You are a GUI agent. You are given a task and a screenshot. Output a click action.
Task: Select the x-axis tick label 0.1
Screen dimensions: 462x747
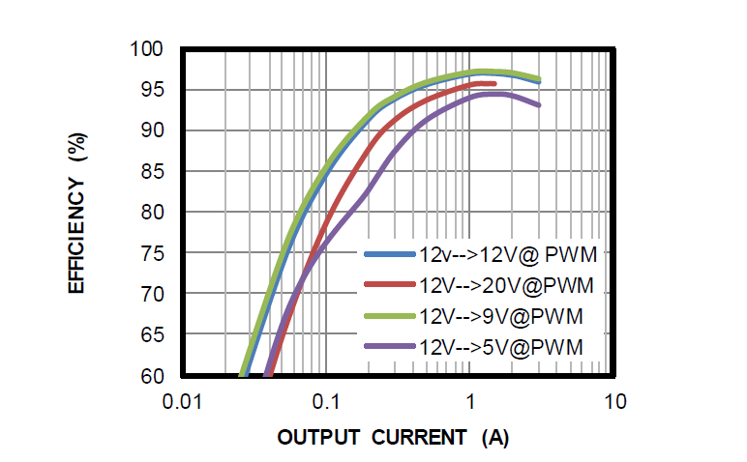coord(325,401)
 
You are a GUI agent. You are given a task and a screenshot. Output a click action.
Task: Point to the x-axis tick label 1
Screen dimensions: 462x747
coord(469,401)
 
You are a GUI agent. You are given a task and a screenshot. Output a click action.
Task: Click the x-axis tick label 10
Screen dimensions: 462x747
coord(613,401)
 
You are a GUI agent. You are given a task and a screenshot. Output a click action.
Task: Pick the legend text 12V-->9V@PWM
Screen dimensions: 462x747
coord(496,316)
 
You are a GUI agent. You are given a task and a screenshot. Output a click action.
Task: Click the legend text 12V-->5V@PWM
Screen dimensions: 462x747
coord(496,346)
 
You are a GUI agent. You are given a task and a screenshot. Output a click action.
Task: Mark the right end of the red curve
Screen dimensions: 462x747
coord(494,84)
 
